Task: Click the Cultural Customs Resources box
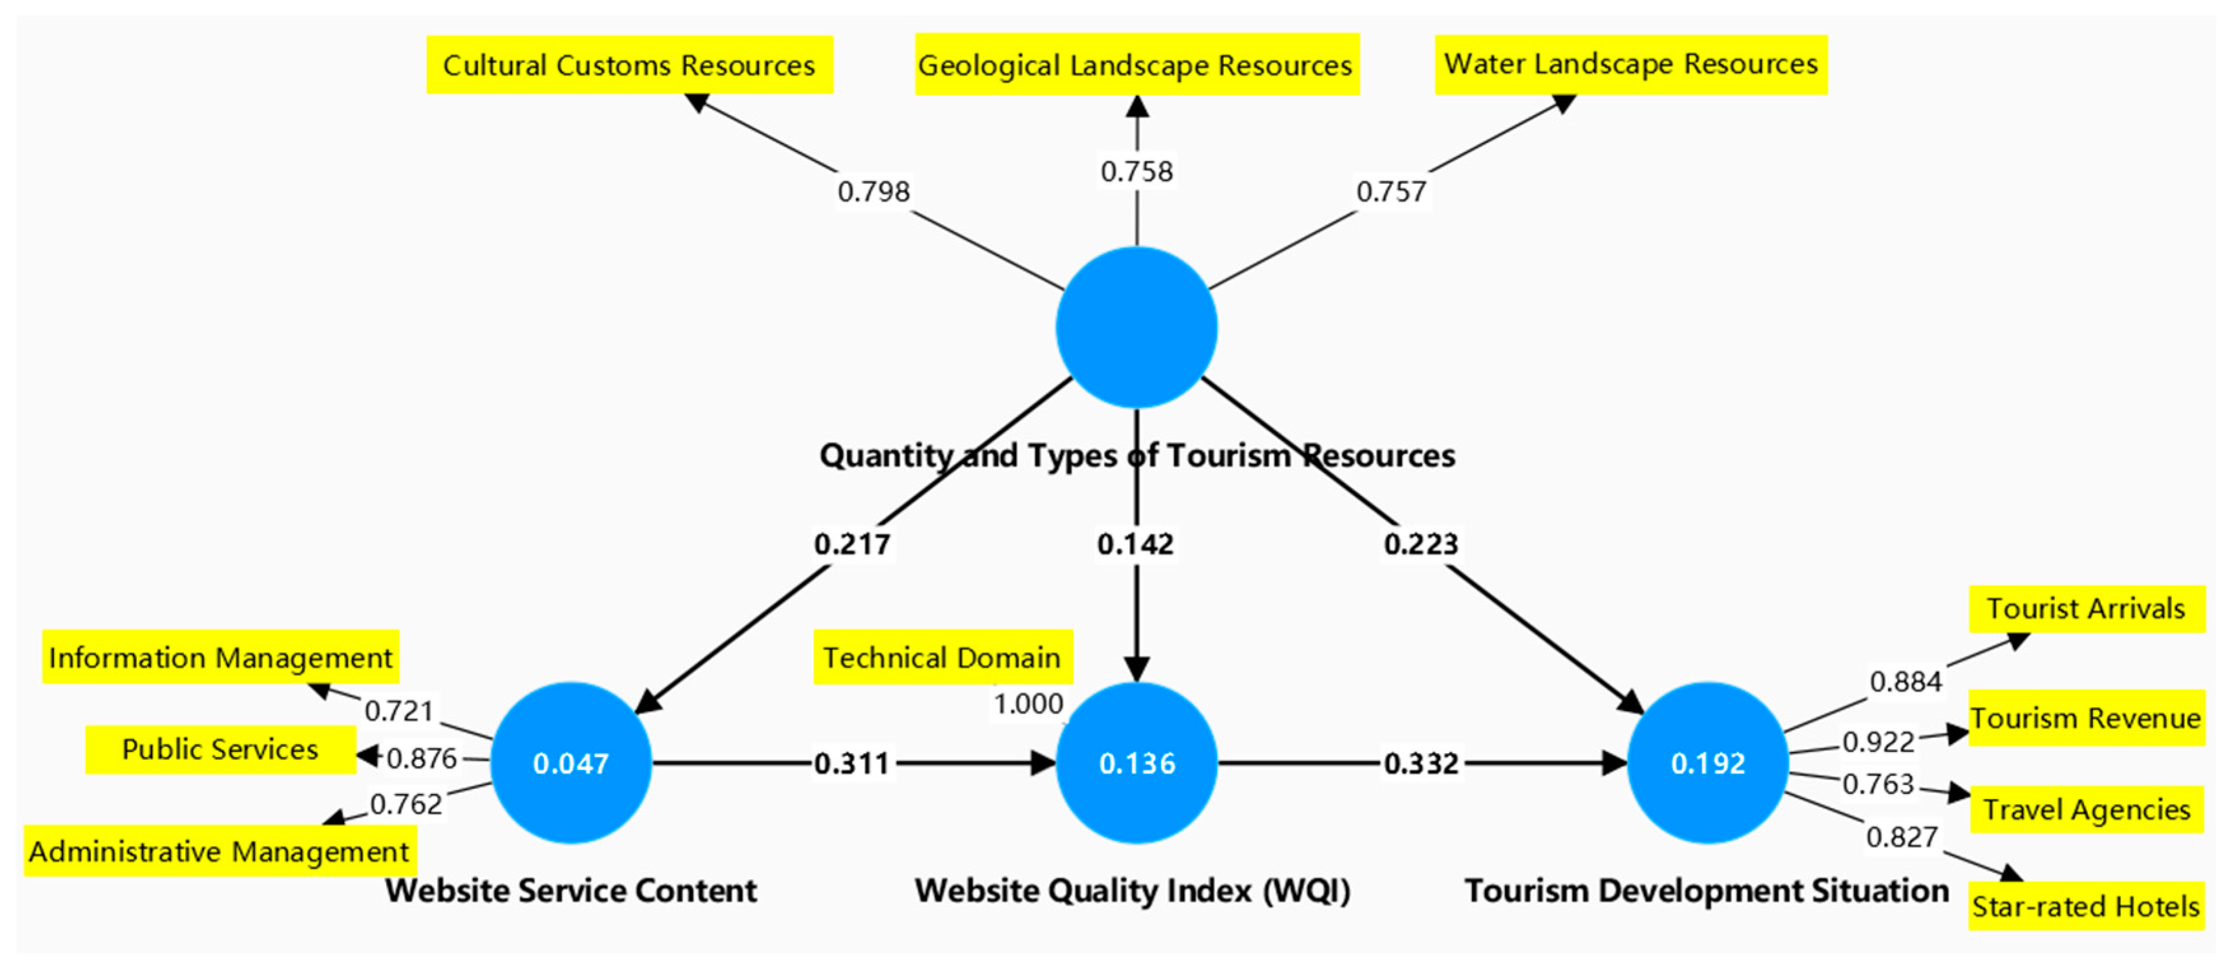coord(629,65)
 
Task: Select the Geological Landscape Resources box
coord(1136,65)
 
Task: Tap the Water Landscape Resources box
coord(1631,64)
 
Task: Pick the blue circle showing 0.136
coord(1136,763)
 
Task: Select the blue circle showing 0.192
coord(1708,763)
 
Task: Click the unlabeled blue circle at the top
coord(1136,327)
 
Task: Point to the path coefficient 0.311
coord(852,763)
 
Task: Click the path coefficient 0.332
coord(1421,763)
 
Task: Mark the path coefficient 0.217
coord(852,544)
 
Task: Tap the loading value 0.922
coord(1878,742)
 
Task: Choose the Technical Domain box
coord(943,657)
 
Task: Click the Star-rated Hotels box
coord(2085,906)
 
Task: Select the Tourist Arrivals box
coord(2086,609)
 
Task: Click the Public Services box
coord(220,749)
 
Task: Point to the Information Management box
coord(220,657)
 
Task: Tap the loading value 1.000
coord(1028,704)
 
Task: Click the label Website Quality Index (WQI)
coord(1132,891)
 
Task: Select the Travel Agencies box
coord(2086,809)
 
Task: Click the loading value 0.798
coord(873,191)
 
